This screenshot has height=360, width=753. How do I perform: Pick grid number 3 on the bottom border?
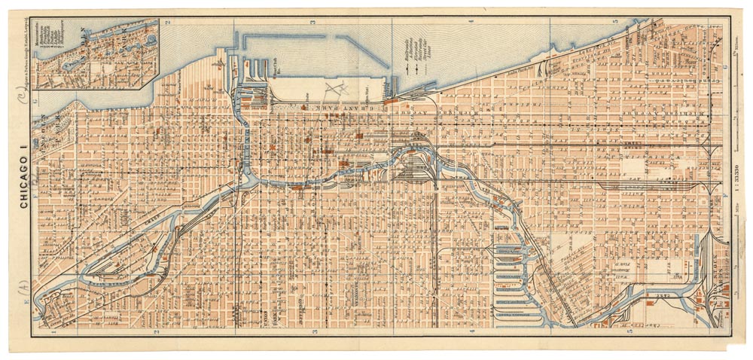[316, 331]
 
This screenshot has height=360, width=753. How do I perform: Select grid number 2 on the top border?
[170, 23]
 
